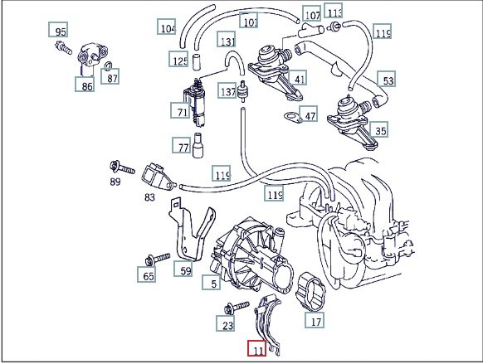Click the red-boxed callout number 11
click(257, 348)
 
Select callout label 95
click(58, 30)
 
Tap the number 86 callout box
click(85, 84)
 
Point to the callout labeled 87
click(110, 76)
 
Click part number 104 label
click(167, 27)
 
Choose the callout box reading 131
click(227, 39)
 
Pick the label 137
click(227, 90)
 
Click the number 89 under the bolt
click(115, 182)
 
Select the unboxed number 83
click(149, 197)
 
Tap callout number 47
click(309, 114)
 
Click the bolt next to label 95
click(64, 48)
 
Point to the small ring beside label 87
click(108, 66)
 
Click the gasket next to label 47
click(291, 117)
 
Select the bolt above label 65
click(158, 260)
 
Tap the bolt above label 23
click(237, 308)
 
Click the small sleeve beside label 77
click(198, 145)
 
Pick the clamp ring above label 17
click(310, 291)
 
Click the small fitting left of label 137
click(243, 90)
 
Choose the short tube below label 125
click(196, 62)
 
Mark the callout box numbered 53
click(386, 79)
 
